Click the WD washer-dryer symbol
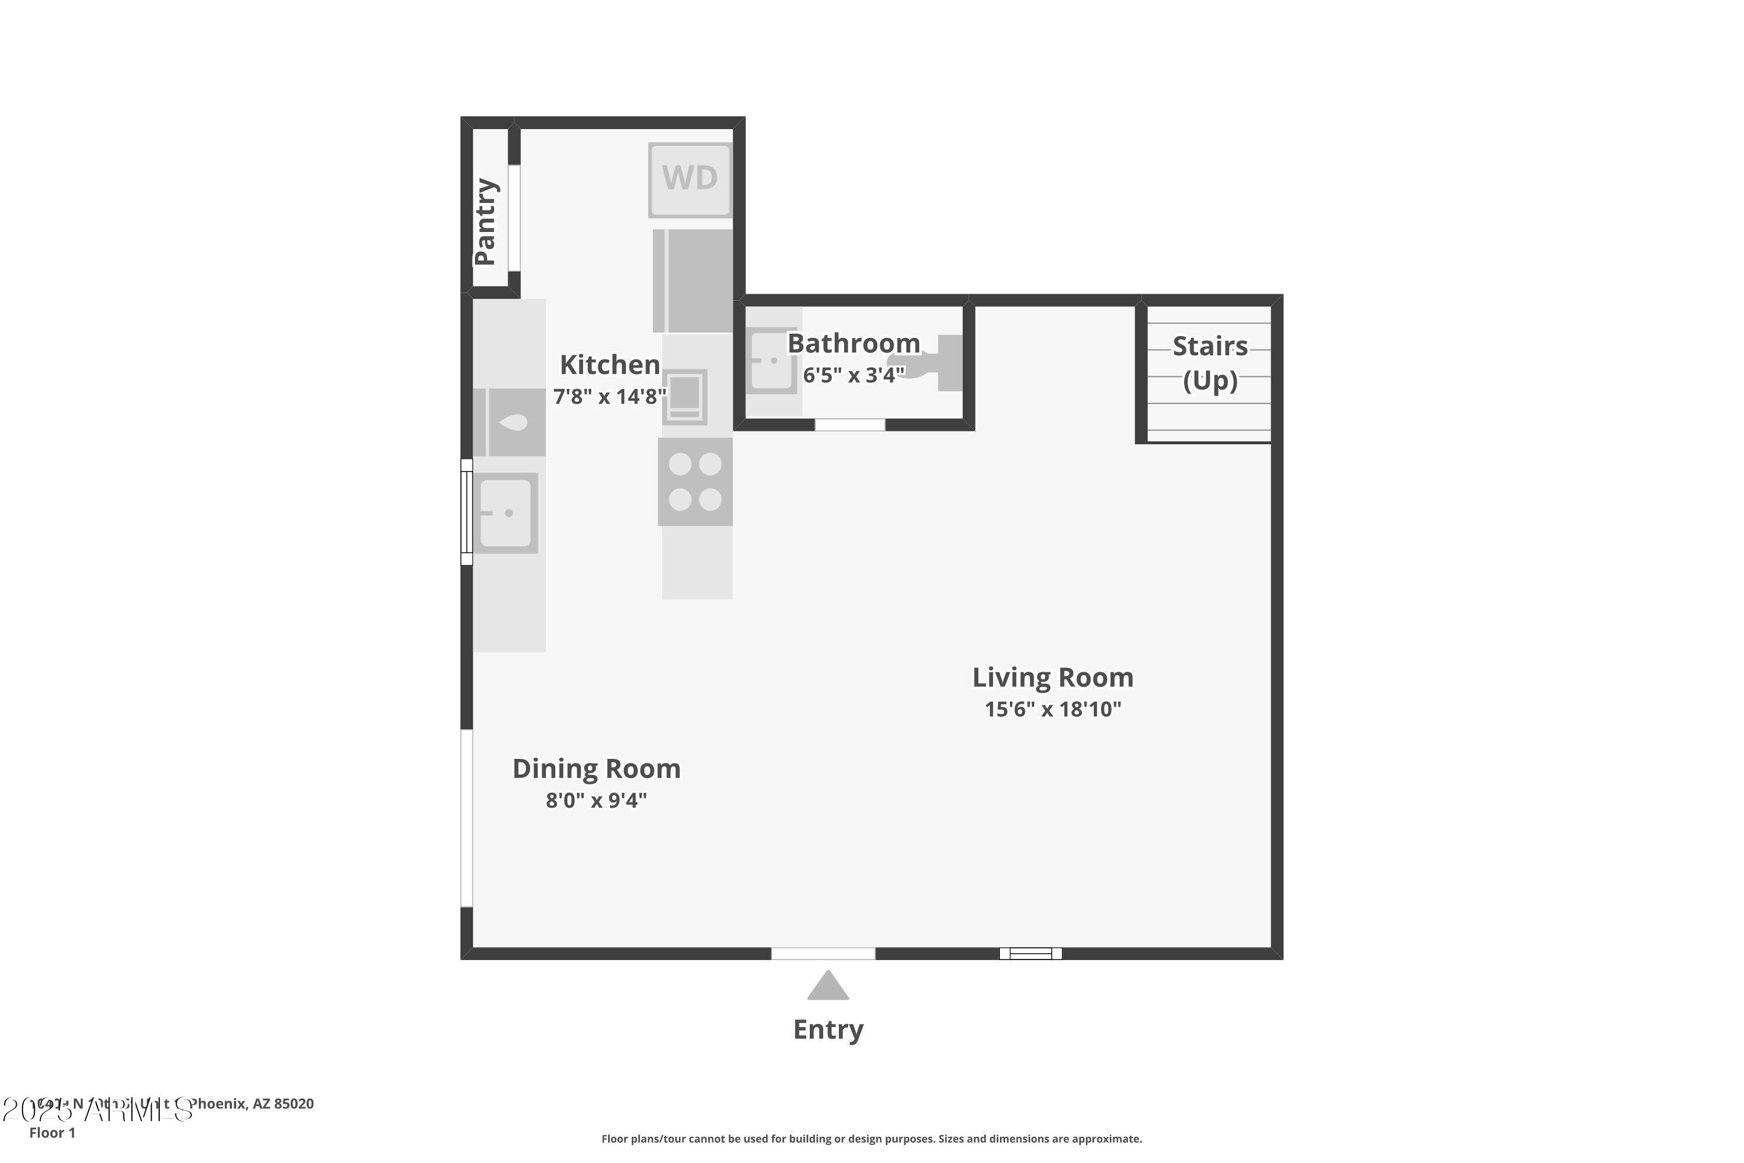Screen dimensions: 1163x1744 pos(689,180)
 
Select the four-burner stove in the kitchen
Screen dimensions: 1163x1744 pos(695,481)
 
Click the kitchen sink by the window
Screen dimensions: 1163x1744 pos(506,512)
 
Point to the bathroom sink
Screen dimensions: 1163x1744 pos(771,361)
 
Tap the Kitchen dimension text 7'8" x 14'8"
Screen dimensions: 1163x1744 pos(609,396)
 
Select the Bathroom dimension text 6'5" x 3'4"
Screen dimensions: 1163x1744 pos(853,375)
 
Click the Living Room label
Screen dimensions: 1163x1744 pos(1052,677)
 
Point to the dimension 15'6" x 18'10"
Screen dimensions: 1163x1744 pos(1052,709)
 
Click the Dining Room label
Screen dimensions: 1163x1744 pos(596,768)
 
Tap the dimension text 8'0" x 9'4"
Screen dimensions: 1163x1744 pos(596,800)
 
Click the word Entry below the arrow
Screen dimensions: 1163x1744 pos(828,1029)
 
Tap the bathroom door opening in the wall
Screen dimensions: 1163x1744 pos(850,425)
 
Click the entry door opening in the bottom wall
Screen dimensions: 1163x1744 pos(823,953)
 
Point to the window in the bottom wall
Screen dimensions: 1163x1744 pos(1030,953)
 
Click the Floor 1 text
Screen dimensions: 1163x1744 pos(52,1133)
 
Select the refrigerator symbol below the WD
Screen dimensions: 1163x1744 pos(692,281)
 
